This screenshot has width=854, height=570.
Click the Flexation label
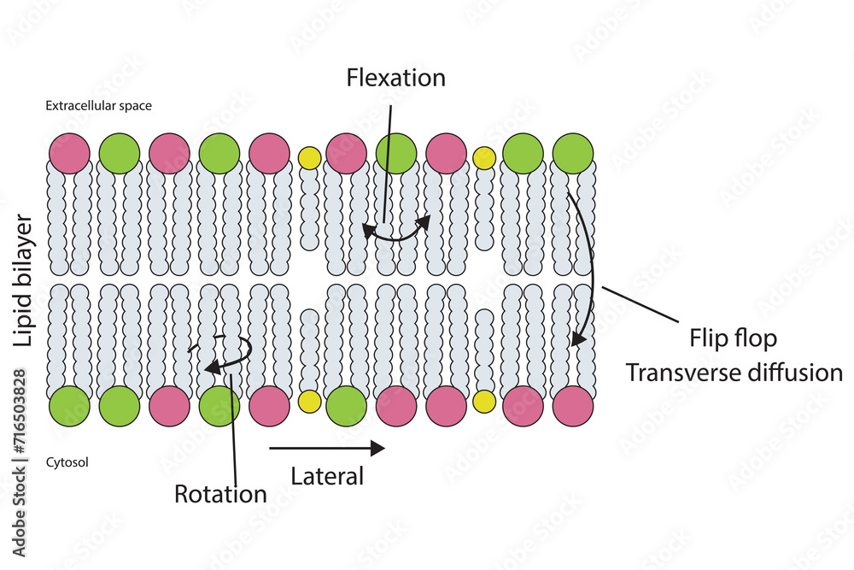click(395, 78)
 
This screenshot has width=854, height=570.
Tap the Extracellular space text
click(98, 107)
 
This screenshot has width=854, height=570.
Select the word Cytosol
click(67, 462)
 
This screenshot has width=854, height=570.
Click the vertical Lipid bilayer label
click(25, 281)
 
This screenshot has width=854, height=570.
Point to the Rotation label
click(220, 494)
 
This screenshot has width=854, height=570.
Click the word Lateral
click(327, 476)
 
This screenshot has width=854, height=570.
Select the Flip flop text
click(733, 338)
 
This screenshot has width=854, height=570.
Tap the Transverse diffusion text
click(734, 373)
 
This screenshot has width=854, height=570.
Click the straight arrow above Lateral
click(327, 447)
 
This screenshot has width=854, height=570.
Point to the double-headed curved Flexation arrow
click(395, 232)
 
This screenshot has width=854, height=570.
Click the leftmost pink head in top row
click(69, 154)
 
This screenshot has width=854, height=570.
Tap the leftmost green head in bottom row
click(69, 405)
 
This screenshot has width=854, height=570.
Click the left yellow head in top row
click(309, 157)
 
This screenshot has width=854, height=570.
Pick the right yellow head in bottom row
click(484, 402)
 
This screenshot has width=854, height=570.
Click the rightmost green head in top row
click(572, 154)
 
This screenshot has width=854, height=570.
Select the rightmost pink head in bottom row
click(572, 405)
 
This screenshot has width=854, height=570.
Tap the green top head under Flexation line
click(396, 154)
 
